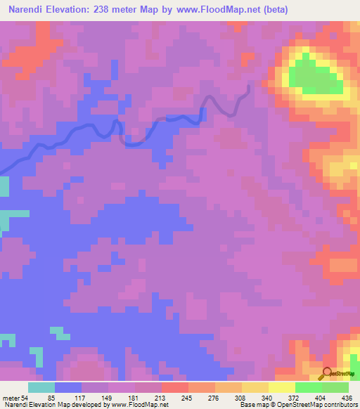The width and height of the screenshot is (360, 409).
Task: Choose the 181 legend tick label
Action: click(x=133, y=397)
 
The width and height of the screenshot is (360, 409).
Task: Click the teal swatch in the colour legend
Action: click(x=41, y=387)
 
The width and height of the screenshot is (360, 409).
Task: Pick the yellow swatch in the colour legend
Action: click(x=281, y=387)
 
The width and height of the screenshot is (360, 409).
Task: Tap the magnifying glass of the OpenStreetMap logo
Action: click(x=326, y=373)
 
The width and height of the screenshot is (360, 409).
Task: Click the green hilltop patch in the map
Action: click(x=313, y=76)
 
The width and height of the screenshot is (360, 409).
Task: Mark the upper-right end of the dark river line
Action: click(x=248, y=86)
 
